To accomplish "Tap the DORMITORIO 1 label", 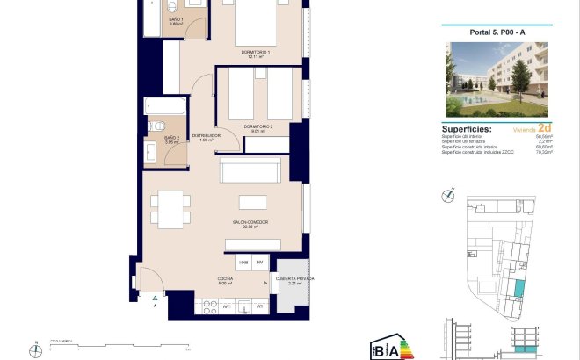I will point(257,54).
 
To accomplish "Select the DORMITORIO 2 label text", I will point(259,126).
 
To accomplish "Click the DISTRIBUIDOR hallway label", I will point(207,136).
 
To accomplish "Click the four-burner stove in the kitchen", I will point(210,306).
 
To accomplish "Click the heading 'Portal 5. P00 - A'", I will point(497,32).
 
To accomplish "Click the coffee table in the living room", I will point(253,200).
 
